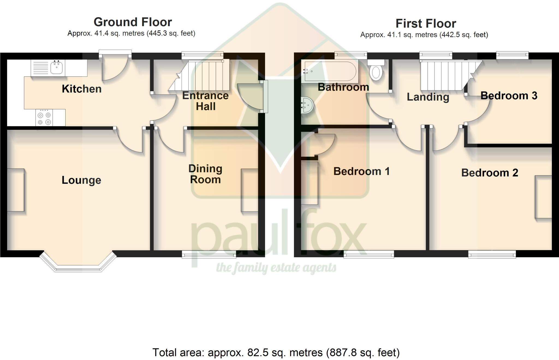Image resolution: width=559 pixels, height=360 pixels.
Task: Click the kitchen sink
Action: tap(57, 67)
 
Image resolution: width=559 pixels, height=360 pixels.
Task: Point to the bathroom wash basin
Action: tap(307, 105)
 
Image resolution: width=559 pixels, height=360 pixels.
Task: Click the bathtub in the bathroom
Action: tap(330, 71)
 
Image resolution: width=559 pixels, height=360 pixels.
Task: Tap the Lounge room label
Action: tap(81, 180)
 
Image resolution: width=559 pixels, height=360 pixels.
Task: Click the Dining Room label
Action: tap(205, 174)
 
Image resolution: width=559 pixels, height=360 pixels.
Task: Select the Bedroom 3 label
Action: tap(509, 96)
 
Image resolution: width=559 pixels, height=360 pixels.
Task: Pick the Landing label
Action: tap(428, 97)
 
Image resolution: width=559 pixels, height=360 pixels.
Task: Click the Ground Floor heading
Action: tap(133, 22)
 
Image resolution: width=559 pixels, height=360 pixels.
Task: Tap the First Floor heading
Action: tap(426, 24)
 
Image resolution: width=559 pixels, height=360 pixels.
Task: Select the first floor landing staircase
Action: tap(448, 76)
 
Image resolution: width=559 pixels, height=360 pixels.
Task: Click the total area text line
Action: tap(276, 353)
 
